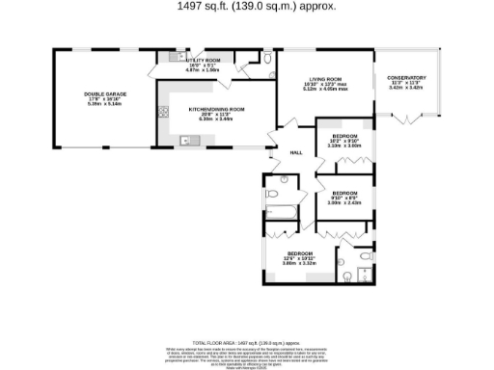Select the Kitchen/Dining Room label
[x=216, y=110]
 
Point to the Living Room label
[x=324, y=82]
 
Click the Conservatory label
[x=405, y=78]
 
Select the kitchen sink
[x=188, y=142]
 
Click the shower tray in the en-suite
[x=363, y=278]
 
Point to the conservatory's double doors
[x=410, y=119]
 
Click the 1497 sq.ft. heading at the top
[x=257, y=6]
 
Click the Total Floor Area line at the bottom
[x=257, y=342]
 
